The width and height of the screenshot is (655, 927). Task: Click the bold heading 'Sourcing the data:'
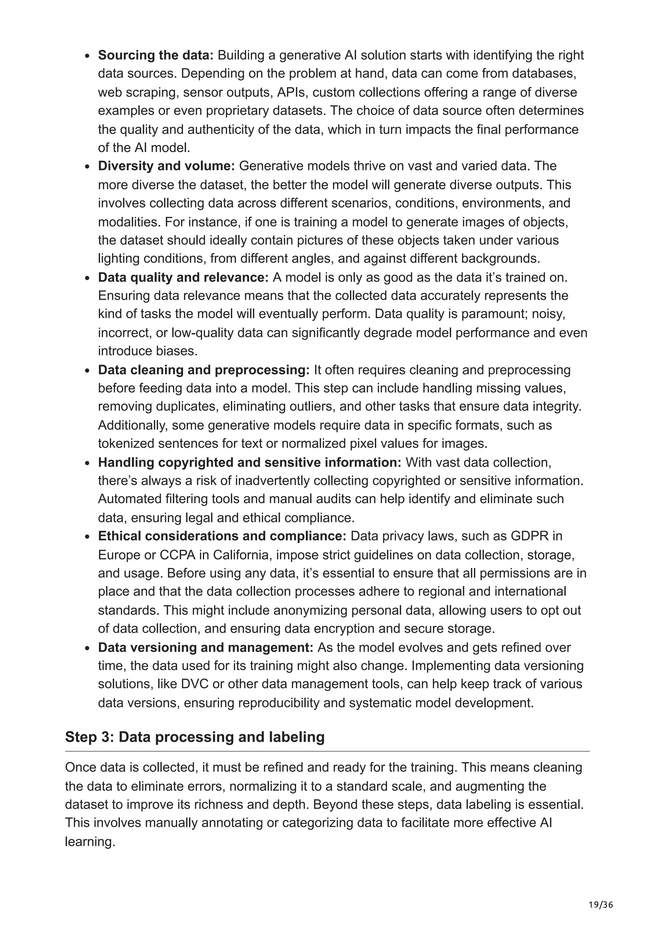[155, 55]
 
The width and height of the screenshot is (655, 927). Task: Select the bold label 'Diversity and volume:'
[166, 166]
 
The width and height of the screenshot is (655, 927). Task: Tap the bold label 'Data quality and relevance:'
[183, 277]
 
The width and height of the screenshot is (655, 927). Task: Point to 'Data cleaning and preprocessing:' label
[203, 370]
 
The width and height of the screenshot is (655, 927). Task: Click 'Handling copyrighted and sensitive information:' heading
[249, 462]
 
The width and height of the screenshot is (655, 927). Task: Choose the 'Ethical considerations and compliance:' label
[222, 536]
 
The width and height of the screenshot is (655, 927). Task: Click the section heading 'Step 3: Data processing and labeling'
[194, 737]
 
